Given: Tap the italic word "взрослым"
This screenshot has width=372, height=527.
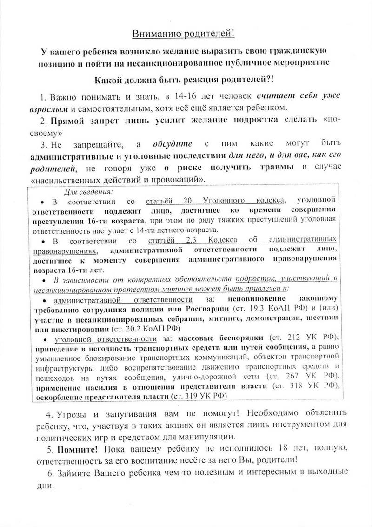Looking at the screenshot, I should click(53, 108).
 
